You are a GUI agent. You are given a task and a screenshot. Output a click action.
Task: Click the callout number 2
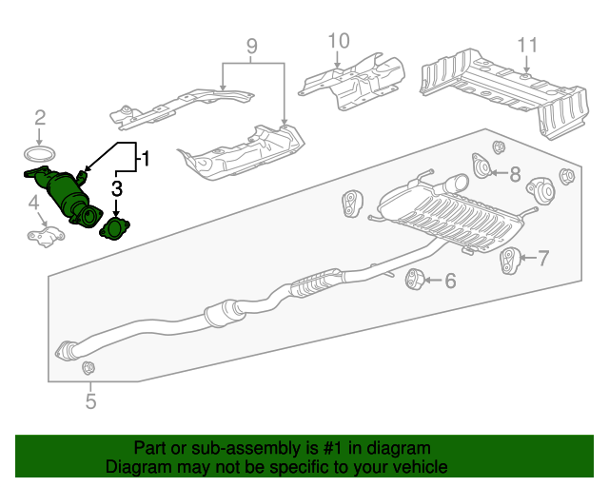pos(40,118)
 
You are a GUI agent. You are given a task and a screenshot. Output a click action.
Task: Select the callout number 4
pos(33,202)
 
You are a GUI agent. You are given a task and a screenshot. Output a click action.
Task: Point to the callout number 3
pos(117,188)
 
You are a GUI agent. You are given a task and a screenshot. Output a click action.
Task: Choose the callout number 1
pos(145,158)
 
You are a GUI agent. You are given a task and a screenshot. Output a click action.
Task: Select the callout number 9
pos(251,45)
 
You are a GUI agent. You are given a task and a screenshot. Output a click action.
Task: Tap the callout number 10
pos(339,41)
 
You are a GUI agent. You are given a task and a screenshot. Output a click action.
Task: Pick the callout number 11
pos(528,45)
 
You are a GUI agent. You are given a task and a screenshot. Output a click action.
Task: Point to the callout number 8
pos(515,173)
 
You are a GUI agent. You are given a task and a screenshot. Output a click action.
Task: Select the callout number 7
pos(544,257)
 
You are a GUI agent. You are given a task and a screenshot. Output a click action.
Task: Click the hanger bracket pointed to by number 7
pos(510,260)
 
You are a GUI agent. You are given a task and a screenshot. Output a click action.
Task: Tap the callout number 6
pos(450,280)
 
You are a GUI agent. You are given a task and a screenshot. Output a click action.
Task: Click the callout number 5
pos(90,402)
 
